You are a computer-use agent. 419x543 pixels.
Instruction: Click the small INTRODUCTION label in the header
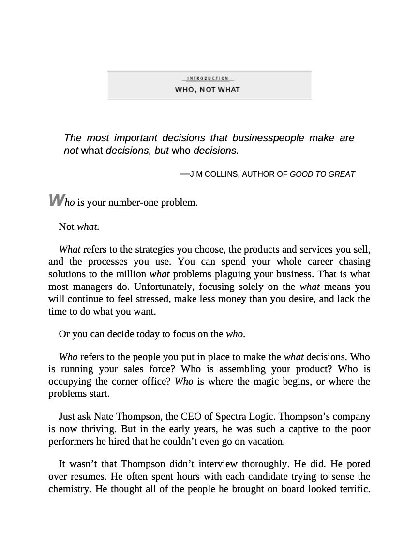208,78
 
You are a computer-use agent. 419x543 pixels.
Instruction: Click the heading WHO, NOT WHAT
207,90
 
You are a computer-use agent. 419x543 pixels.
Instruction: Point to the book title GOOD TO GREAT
322,174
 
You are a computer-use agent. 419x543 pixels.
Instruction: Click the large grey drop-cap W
56,199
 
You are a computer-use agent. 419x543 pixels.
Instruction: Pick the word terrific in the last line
352,489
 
